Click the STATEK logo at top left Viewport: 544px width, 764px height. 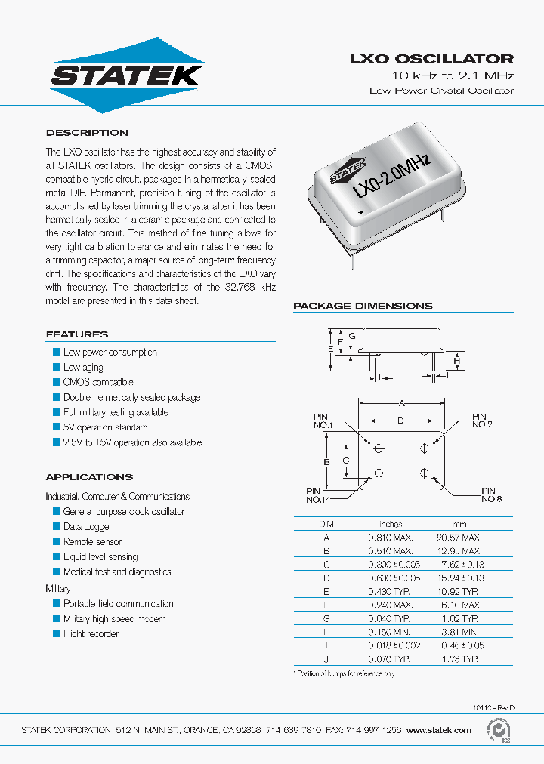[126, 74]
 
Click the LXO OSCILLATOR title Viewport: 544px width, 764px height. [431, 58]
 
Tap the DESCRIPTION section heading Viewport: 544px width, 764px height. [87, 133]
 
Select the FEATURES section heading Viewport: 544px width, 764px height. [76, 334]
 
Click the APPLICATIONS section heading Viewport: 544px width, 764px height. [89, 477]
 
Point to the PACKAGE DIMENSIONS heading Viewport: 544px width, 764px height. [363, 306]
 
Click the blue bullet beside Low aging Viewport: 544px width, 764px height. [56, 367]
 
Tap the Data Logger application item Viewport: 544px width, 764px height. [88, 527]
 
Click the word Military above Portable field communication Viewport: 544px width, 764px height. [58, 588]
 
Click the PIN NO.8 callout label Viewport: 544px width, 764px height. [492, 494]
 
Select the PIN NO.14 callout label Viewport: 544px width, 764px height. [319, 495]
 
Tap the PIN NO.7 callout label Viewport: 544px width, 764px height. [481, 421]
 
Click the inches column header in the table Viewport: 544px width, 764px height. [390, 524]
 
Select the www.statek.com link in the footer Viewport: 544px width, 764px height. [438, 730]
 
